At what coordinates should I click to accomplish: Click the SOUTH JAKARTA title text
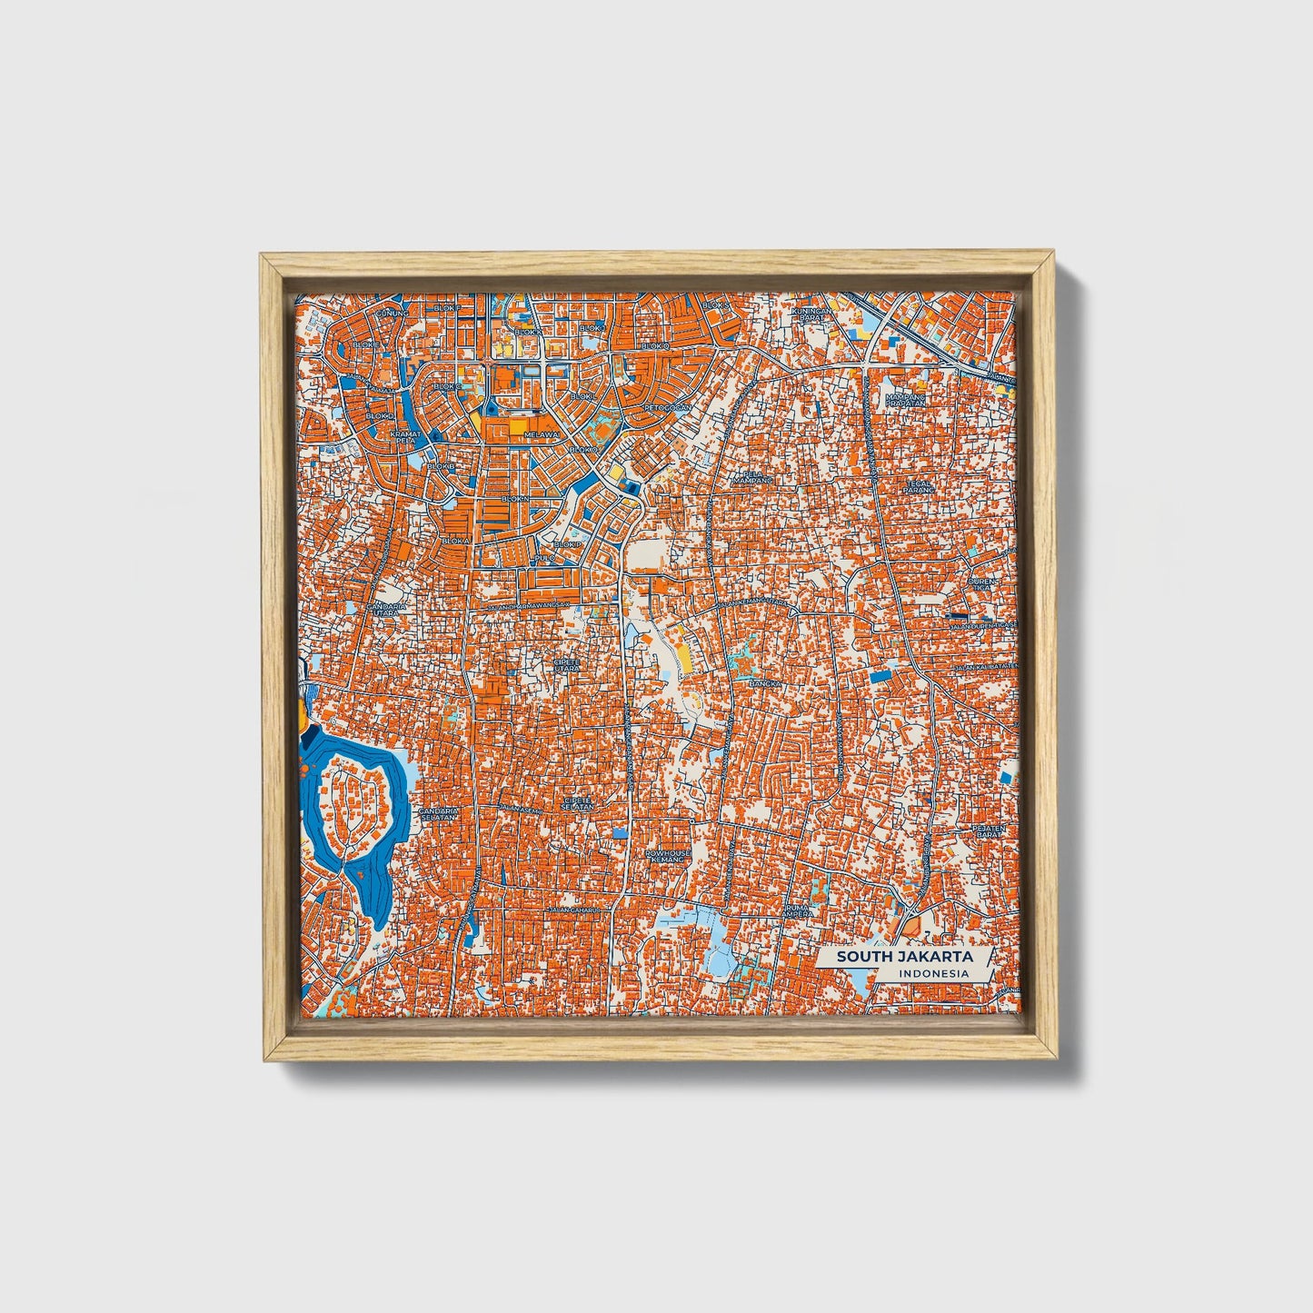tap(904, 956)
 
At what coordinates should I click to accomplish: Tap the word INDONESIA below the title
tap(932, 974)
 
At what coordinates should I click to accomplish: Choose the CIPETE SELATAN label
tap(578, 803)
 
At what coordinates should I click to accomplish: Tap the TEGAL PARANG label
tap(919, 488)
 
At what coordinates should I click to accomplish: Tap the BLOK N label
tap(514, 499)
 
